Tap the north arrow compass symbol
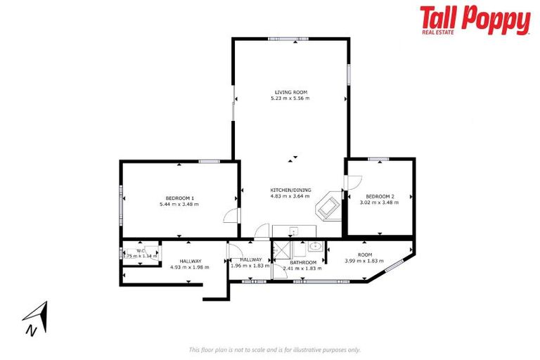point(35,318)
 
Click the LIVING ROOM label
point(290,92)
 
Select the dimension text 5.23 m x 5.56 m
point(290,98)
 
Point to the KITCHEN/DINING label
point(290,191)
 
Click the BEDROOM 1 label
point(179,198)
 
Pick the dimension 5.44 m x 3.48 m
point(179,204)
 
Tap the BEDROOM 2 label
point(380,196)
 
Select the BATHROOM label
point(302,262)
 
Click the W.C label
point(140,251)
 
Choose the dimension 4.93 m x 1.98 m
point(190,267)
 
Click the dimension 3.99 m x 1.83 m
point(364,261)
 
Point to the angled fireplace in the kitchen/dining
point(328,207)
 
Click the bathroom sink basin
point(314,247)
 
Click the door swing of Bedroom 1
point(231,216)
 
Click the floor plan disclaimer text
point(274,349)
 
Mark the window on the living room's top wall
point(288,39)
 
